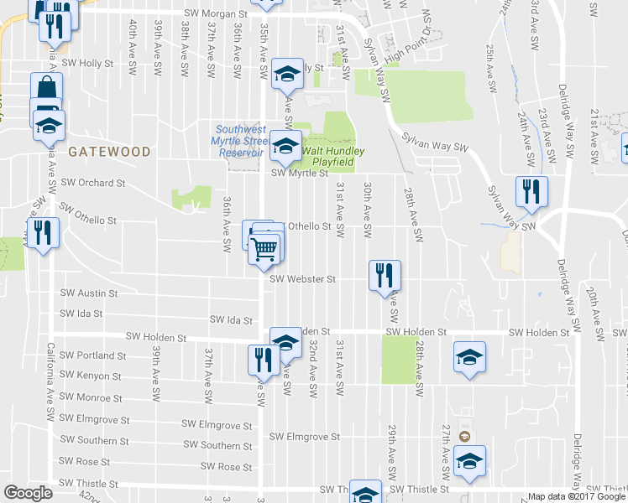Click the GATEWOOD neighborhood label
click(x=109, y=153)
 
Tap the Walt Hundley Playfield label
click(x=334, y=157)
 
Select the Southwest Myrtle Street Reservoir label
click(x=241, y=142)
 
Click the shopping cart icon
click(x=264, y=248)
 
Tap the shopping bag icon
click(x=46, y=88)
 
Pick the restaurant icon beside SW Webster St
click(x=385, y=275)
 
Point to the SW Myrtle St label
click(x=298, y=174)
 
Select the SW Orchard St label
click(x=92, y=182)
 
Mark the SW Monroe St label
click(x=93, y=397)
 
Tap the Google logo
click(x=28, y=493)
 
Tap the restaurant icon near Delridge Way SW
click(x=531, y=192)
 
